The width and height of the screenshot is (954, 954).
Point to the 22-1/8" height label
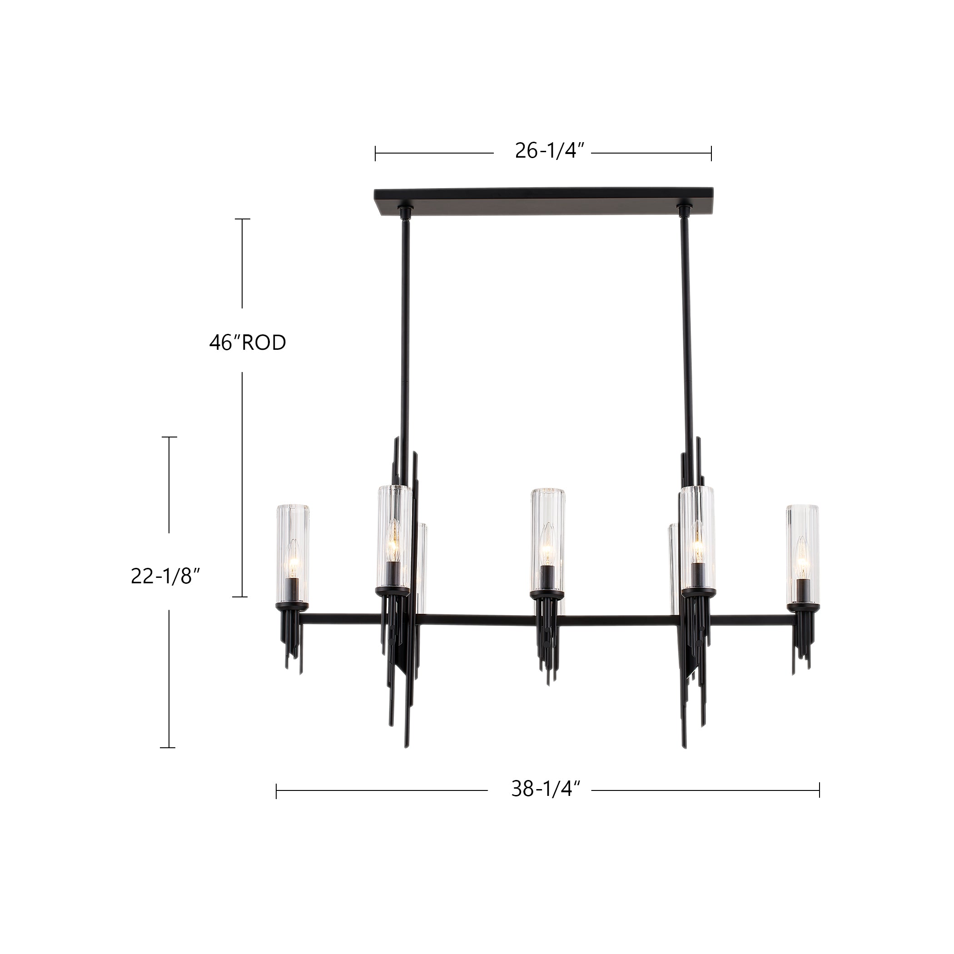pos(165,576)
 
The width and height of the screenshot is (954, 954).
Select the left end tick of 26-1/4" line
pos(375,154)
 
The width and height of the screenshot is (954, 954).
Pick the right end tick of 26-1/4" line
pos(711,154)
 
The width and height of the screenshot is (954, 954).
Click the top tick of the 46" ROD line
pos(242,219)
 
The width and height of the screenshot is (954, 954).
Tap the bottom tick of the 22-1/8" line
pos(168,748)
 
